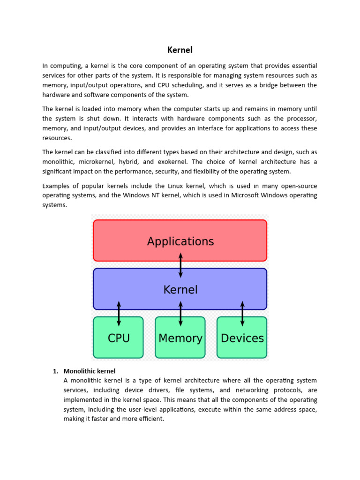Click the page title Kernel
click(180, 50)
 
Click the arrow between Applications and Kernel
click(180, 265)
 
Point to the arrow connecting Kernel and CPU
click(119, 314)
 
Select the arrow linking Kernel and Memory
click(180, 314)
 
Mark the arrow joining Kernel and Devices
click(242, 314)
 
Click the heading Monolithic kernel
click(89, 371)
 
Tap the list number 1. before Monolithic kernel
click(55, 371)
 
